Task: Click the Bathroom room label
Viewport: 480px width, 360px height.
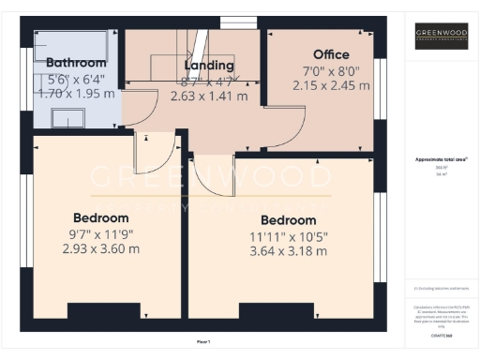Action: tap(76, 63)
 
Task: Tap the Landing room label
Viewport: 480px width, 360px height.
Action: tap(208, 66)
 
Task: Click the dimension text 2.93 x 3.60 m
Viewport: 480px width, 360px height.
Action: tap(101, 248)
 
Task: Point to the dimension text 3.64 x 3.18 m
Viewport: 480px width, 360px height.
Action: tap(288, 251)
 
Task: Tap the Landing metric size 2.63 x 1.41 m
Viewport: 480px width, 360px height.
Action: tap(208, 96)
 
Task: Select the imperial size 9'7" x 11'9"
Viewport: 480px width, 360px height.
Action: tap(101, 233)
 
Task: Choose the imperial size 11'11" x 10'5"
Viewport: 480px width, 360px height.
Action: tap(288, 235)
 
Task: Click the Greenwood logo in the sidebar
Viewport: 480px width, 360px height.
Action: tap(442, 37)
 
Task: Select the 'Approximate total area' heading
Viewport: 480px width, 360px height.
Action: tap(441, 159)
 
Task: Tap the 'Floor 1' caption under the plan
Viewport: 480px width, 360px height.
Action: tap(203, 341)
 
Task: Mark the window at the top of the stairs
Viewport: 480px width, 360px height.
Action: tap(232, 21)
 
